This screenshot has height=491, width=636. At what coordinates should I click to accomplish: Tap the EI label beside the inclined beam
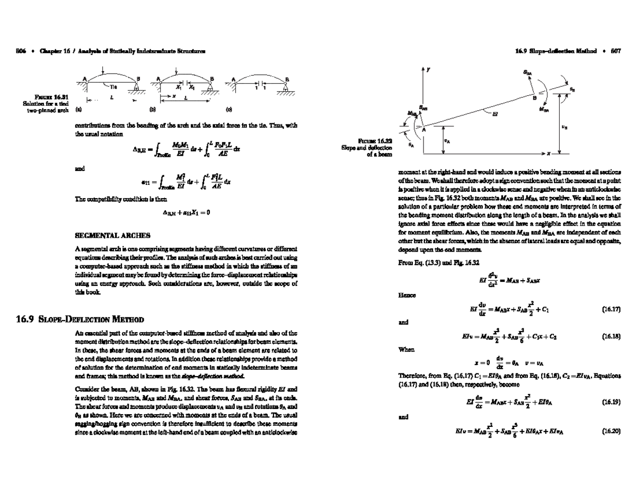click(494, 117)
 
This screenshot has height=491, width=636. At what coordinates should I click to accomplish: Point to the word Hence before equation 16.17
click(405, 294)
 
